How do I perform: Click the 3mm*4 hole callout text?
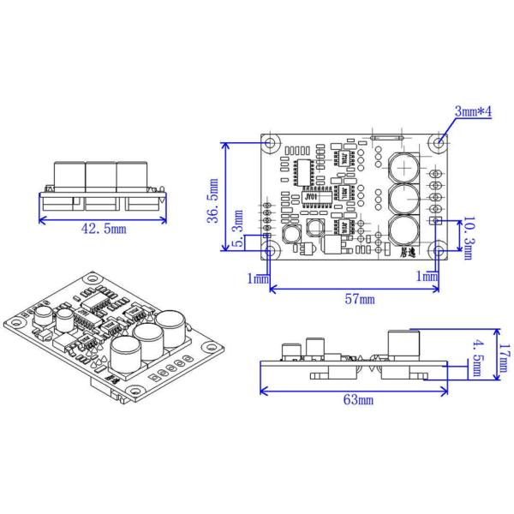tap(472, 113)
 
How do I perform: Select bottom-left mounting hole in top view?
tap(271, 251)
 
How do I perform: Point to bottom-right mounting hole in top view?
tap(439, 251)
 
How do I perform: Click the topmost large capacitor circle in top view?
tap(403, 164)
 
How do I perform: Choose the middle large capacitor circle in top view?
tap(403, 199)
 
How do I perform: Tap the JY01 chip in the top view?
tap(310, 195)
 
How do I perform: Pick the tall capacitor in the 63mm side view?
tap(404, 344)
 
